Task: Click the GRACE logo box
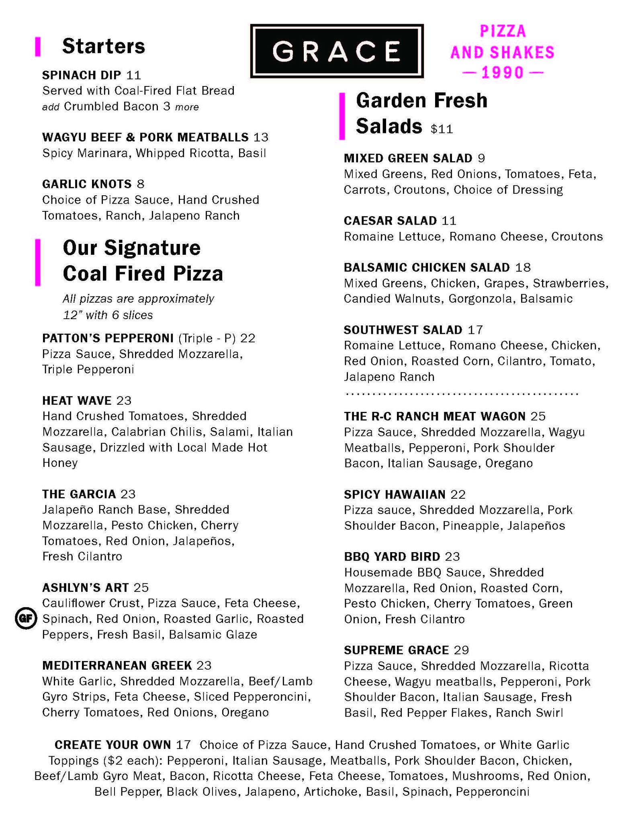tap(337, 51)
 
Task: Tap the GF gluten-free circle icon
tap(26, 618)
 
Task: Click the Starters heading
tap(103, 46)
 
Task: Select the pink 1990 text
tap(503, 73)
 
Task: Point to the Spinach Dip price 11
tap(134, 75)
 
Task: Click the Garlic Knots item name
tap(87, 184)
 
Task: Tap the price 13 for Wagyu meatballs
tap(261, 137)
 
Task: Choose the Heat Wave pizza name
tap(77, 401)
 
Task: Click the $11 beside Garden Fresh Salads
tap(442, 129)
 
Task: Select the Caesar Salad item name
tap(390, 221)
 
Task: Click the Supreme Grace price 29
tap(461, 650)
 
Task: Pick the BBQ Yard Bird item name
tap(392, 557)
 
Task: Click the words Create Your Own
tap(113, 745)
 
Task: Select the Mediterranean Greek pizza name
tap(117, 665)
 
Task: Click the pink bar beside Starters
tap(38, 47)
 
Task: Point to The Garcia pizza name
tap(79, 494)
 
